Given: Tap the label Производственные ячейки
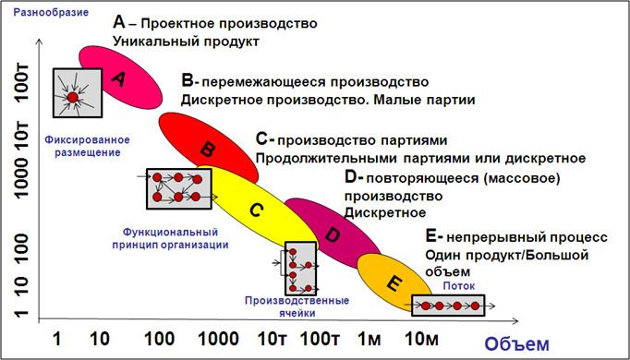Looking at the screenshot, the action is point(297,306).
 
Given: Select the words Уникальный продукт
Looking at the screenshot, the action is point(185,42).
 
